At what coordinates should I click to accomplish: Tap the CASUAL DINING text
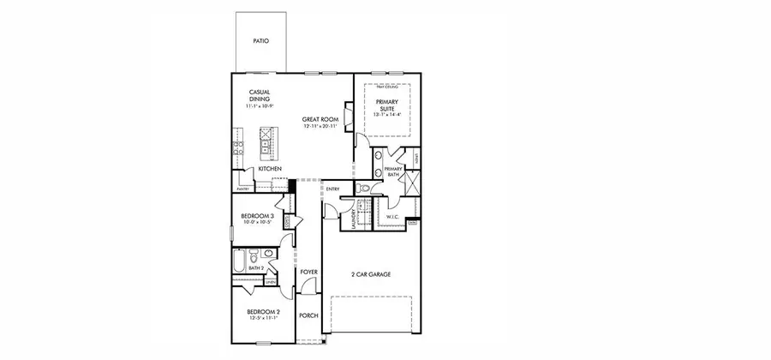click(x=260, y=96)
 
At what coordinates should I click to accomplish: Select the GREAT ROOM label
click(x=320, y=119)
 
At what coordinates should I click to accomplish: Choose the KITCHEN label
click(x=270, y=169)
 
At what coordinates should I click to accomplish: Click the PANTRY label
click(x=242, y=189)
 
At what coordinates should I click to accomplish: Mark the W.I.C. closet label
click(x=393, y=217)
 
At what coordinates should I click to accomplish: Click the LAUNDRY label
click(x=353, y=219)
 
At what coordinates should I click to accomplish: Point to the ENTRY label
click(x=333, y=189)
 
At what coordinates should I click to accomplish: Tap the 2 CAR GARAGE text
click(x=370, y=274)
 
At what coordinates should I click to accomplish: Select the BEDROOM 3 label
click(x=257, y=215)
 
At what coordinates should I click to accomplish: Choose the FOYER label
click(x=308, y=272)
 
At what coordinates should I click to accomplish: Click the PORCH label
click(x=308, y=315)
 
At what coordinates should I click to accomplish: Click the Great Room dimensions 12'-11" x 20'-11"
click(x=320, y=127)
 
